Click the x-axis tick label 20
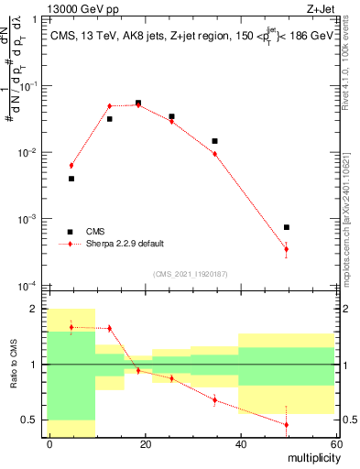click(x=145, y=443)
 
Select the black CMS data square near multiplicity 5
click(x=71, y=179)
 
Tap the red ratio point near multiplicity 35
click(x=214, y=399)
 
